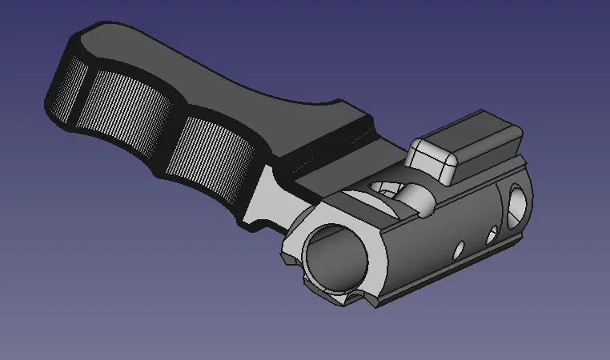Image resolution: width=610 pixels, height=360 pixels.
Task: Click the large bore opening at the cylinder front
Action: pos(336,256)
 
